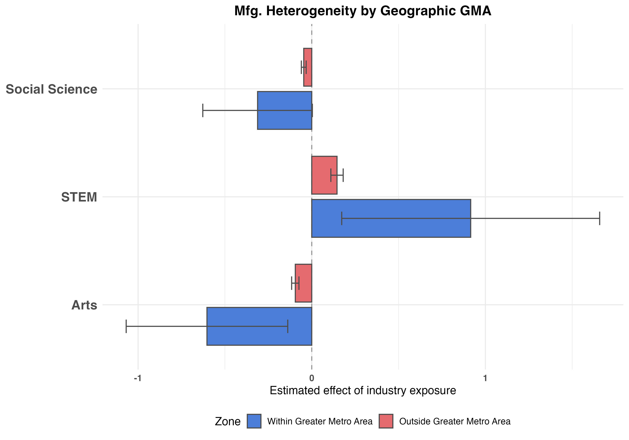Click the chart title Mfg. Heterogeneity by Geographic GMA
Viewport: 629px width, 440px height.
(x=363, y=11)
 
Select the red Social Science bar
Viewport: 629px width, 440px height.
(x=308, y=67)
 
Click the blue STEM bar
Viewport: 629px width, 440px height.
(x=391, y=218)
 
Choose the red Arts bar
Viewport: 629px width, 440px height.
(x=303, y=283)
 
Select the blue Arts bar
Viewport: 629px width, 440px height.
(x=259, y=326)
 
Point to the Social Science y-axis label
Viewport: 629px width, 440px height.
(x=52, y=89)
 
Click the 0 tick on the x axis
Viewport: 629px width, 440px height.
(x=311, y=378)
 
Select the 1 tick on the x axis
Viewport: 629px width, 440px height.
(x=485, y=378)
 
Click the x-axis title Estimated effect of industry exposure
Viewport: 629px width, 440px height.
(x=363, y=390)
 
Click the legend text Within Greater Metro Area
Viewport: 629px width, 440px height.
(x=320, y=421)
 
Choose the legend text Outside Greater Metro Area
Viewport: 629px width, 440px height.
(x=455, y=421)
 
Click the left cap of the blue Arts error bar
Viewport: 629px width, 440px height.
(x=126, y=326)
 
